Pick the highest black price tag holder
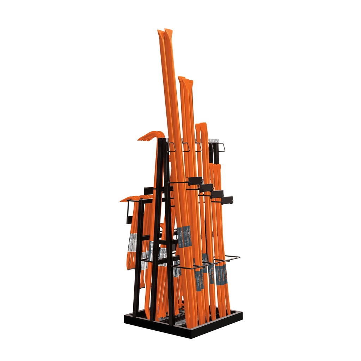pyautogui.click(x=195, y=181)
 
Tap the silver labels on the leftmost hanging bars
pyautogui.click(x=133, y=243)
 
